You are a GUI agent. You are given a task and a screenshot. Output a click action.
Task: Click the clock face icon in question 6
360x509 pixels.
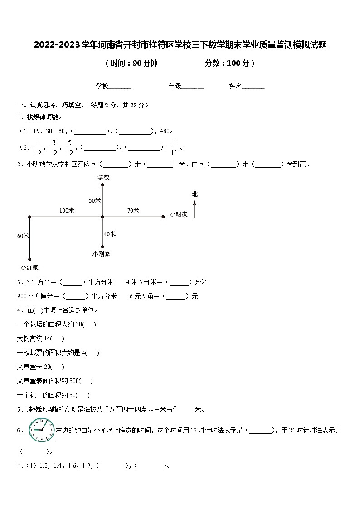(x=41, y=430)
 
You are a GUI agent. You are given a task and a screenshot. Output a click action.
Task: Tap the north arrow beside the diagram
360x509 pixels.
(x=195, y=209)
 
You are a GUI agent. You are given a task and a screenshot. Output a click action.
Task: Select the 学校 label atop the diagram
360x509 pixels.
(x=103, y=177)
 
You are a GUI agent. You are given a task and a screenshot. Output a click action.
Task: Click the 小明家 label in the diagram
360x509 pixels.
(x=179, y=214)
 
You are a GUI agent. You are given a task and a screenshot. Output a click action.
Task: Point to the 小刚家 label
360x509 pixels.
(x=101, y=254)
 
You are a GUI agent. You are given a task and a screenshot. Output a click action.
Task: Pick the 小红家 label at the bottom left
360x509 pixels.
(x=29, y=267)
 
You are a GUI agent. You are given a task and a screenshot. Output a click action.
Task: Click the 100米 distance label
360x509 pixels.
(x=67, y=210)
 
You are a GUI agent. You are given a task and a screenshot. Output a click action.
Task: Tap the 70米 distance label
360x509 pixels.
(x=133, y=210)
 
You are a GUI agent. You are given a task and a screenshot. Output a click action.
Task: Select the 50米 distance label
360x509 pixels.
(x=95, y=200)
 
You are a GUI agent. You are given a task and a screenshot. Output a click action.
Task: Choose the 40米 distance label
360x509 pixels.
(x=110, y=234)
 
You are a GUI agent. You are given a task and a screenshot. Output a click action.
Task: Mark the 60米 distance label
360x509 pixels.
(x=23, y=236)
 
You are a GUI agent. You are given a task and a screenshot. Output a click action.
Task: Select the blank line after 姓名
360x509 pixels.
(x=253, y=87)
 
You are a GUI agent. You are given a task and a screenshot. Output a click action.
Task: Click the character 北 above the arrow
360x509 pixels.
(x=195, y=194)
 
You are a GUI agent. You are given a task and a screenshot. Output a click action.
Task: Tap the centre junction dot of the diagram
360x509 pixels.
(x=102, y=217)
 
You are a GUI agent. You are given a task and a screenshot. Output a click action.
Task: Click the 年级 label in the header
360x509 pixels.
(x=175, y=86)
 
